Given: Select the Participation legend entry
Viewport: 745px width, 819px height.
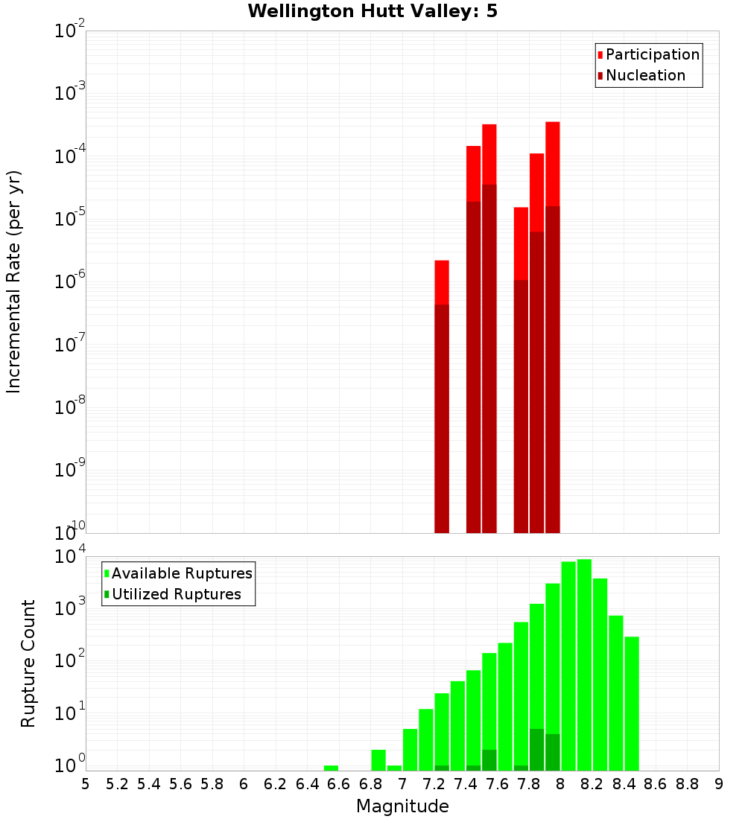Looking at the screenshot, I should [652, 54].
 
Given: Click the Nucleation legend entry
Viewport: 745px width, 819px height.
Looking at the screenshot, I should [644, 75].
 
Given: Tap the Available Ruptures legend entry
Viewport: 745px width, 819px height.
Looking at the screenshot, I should [181, 573].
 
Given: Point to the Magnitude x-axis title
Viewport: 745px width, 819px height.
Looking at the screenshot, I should [402, 806].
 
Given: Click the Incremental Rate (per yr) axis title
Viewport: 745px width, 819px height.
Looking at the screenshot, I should [14, 281].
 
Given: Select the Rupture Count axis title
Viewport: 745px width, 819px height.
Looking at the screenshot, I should [28, 663].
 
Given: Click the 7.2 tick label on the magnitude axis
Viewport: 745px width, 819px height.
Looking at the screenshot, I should [434, 784].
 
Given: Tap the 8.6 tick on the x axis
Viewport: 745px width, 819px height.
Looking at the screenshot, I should [656, 784].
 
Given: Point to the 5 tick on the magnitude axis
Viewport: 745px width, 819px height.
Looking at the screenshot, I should [86, 784].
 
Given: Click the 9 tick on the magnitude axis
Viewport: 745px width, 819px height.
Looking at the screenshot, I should [719, 784].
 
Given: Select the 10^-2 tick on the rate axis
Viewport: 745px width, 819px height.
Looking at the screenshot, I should [70, 31].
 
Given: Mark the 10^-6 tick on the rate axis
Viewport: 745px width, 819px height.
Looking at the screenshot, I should [70, 281].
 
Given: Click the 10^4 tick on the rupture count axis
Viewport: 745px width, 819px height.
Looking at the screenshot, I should [70, 557].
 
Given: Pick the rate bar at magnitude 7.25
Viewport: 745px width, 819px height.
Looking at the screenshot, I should [442, 417].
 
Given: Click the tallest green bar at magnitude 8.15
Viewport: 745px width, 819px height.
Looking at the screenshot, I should [584, 663].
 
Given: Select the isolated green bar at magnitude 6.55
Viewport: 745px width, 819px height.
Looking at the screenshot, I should [331, 768].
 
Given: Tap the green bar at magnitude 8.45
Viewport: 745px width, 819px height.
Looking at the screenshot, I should [632, 704].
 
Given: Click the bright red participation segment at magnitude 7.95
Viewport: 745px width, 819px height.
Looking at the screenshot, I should [552, 164].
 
